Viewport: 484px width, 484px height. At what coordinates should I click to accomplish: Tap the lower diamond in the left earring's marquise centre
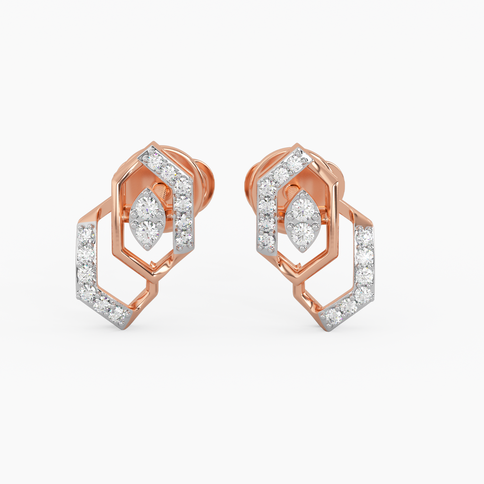[147, 230]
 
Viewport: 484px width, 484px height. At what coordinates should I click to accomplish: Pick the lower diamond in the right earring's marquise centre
[303, 232]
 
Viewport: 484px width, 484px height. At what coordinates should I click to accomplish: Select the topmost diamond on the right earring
[294, 163]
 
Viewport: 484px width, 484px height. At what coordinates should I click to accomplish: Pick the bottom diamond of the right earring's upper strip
[267, 241]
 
